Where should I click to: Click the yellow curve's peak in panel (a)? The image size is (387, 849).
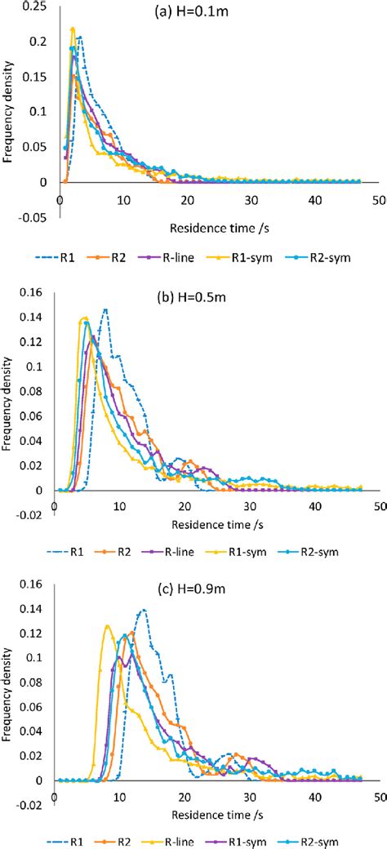pyautogui.click(x=73, y=29)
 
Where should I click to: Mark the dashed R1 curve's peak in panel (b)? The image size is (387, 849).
pyautogui.click(x=105, y=309)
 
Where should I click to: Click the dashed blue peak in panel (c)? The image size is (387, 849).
pyautogui.click(x=144, y=610)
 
